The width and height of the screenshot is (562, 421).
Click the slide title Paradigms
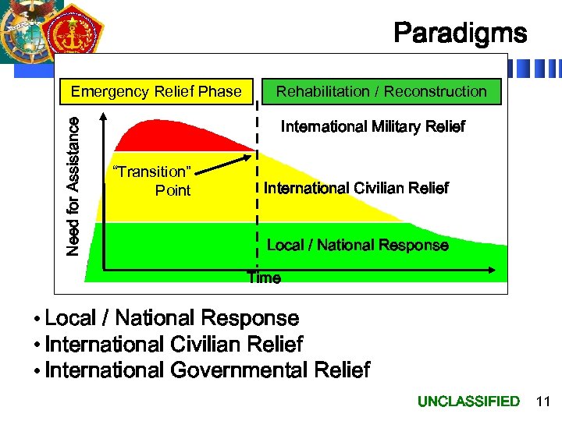pyautogui.click(x=460, y=34)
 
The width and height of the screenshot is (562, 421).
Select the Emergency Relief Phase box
pyautogui.click(x=156, y=91)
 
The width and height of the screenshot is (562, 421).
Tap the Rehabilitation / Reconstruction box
pyautogui.click(x=381, y=91)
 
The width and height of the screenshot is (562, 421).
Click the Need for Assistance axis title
pyautogui.click(x=73, y=186)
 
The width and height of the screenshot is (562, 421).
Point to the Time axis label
pyautogui.click(x=264, y=278)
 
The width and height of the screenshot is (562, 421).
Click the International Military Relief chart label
pyautogui.click(x=372, y=126)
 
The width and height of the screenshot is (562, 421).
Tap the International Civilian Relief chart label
pyautogui.click(x=356, y=188)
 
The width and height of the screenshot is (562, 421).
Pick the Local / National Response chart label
pyautogui.click(x=357, y=245)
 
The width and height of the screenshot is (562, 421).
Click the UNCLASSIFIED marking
pyautogui.click(x=468, y=402)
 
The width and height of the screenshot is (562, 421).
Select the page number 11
pyautogui.click(x=542, y=402)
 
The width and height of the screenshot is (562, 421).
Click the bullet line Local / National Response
pyautogui.click(x=172, y=318)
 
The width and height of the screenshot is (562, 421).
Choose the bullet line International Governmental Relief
pyautogui.click(x=207, y=370)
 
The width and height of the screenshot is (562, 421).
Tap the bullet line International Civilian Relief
pyautogui.click(x=173, y=344)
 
